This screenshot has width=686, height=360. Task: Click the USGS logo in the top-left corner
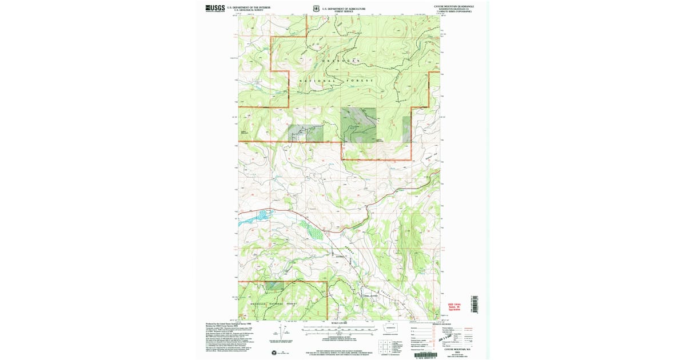(215, 8)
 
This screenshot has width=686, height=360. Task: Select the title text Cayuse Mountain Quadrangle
(453, 7)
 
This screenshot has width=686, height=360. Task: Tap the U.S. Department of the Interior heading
(248, 7)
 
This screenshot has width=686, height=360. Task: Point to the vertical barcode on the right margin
(477, 302)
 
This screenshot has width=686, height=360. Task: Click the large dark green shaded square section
(358, 124)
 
